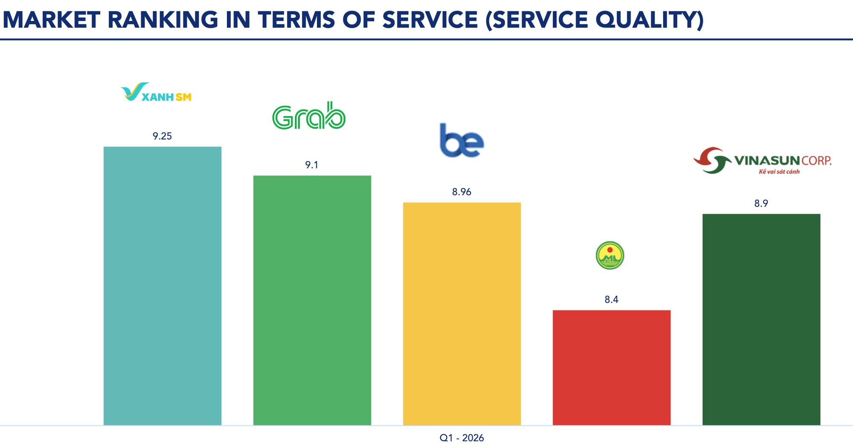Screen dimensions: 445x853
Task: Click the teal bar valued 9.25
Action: pos(162,286)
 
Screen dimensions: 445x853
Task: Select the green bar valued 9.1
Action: pos(312,300)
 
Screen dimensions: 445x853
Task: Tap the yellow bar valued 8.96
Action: pos(462,314)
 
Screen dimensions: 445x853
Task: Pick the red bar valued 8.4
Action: pos(612,367)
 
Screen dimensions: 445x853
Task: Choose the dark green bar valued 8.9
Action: pos(761,319)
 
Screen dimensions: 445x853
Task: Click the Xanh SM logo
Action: pos(156,92)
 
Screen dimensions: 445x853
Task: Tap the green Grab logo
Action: pos(309,116)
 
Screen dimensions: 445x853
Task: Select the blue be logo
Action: pos(461,140)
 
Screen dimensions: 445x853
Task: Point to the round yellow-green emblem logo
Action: pos(610,256)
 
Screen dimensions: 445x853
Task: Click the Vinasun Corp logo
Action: pos(762,160)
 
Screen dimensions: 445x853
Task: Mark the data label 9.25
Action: pos(162,136)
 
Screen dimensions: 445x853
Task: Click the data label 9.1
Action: pos(312,165)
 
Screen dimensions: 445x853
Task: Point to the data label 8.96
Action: pos(461,192)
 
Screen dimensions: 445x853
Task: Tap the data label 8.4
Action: pos(611,300)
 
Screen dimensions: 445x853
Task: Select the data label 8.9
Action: pos(761,204)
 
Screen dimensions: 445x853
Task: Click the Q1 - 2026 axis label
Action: pos(461,438)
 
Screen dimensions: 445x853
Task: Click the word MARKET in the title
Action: pos(51,20)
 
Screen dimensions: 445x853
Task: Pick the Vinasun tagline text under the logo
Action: pos(779,172)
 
